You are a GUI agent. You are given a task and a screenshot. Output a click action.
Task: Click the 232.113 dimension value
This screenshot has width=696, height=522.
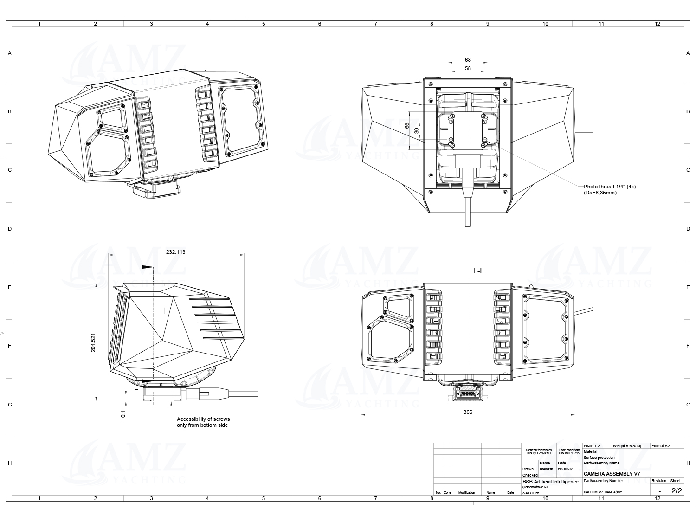click(x=175, y=252)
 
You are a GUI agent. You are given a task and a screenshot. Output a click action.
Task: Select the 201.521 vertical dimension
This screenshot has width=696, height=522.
click(x=93, y=343)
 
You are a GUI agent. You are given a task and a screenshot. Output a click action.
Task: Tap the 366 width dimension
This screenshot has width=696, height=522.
click(x=468, y=412)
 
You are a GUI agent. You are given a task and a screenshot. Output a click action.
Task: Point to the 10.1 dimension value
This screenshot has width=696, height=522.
click(x=123, y=415)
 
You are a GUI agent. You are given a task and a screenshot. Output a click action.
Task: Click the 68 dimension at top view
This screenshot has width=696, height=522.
click(x=468, y=60)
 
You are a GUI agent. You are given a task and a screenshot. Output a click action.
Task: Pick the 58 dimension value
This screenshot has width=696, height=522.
click(x=468, y=68)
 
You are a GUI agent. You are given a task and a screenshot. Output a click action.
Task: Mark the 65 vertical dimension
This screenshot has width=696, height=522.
click(x=407, y=126)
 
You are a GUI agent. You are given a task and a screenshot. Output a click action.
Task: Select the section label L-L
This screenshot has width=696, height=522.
click(x=478, y=271)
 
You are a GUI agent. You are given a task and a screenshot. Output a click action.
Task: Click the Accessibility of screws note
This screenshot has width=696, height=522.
click(x=203, y=422)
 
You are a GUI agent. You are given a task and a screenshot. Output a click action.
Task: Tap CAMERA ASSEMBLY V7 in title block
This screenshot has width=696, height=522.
click(x=612, y=474)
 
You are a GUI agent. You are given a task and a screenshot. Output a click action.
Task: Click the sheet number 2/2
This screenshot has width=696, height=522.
click(x=677, y=490)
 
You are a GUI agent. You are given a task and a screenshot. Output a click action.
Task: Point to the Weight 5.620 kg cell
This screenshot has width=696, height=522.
click(x=627, y=446)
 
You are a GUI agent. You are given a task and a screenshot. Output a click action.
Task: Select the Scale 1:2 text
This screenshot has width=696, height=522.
click(x=592, y=446)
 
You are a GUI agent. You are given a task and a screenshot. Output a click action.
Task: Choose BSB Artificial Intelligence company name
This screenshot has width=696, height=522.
click(x=550, y=482)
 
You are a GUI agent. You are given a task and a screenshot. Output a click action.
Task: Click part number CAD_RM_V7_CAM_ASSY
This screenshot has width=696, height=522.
click(x=603, y=492)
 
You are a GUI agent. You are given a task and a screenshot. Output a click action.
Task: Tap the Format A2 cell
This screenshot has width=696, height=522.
click(x=661, y=446)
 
